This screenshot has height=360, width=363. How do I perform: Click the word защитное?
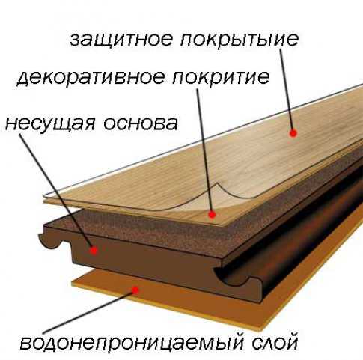tap(121, 40)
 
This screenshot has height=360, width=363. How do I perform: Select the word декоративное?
tap(91, 77)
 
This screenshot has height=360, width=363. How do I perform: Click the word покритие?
tap(221, 78)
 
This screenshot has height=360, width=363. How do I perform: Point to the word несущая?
tap(50, 123)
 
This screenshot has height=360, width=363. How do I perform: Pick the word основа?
tap(141, 123)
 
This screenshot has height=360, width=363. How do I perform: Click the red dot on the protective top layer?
tap(293, 133)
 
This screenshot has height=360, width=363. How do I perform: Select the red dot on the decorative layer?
tap(212, 214)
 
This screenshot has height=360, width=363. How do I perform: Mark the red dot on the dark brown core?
tap(94, 250)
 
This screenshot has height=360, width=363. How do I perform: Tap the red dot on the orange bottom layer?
tap(135, 290)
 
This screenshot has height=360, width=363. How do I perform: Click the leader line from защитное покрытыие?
tap(287, 91)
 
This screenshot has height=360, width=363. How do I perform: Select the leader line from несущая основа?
tap(56, 192)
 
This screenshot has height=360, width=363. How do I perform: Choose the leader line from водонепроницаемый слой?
tap(89, 312)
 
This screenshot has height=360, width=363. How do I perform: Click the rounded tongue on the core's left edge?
tap(49, 241)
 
